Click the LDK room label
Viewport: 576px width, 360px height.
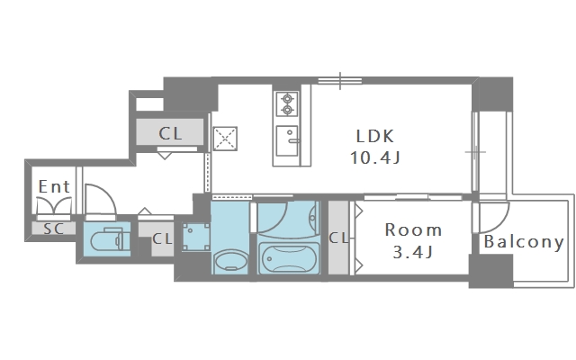[x=375, y=136]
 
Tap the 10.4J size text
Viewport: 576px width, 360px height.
[x=375, y=158]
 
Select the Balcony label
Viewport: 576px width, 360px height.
[x=524, y=242]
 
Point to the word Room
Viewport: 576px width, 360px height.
[x=413, y=230]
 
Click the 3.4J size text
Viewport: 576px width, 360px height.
[x=413, y=252]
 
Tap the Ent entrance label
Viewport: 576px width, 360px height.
[x=54, y=186]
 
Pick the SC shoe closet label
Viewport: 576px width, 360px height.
[x=54, y=229]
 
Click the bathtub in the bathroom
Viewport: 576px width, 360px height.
[x=289, y=258]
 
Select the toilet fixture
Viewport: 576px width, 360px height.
[x=107, y=239]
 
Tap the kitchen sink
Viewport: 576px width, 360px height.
[x=287, y=141]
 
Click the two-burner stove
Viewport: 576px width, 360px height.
[x=287, y=104]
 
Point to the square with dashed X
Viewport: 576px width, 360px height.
[x=225, y=139]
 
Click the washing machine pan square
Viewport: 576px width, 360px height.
[x=196, y=238]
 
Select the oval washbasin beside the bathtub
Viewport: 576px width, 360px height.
[x=230, y=260]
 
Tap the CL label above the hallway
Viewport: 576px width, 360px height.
[x=170, y=133]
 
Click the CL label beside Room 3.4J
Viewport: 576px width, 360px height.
[x=338, y=238]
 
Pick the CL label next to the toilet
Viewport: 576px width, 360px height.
[x=162, y=239]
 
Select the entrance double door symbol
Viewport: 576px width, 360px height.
[x=54, y=205]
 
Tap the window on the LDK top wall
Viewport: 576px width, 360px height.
[x=340, y=81]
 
